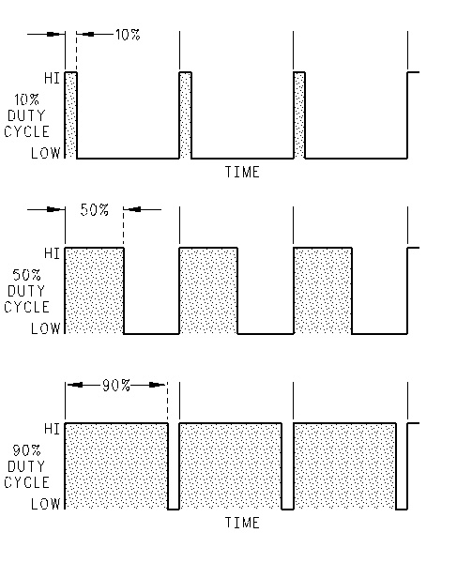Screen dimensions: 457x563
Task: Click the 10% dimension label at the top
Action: (x=128, y=35)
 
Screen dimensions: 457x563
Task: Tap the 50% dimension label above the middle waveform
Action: (x=95, y=210)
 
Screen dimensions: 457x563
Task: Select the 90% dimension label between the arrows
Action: (x=116, y=386)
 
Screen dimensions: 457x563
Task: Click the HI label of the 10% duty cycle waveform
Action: (x=52, y=78)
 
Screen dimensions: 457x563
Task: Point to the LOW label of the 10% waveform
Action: (x=46, y=153)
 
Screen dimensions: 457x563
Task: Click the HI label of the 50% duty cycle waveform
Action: (x=52, y=253)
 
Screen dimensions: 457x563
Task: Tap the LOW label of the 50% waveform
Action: (x=46, y=328)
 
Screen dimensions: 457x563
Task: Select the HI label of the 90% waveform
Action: (x=52, y=429)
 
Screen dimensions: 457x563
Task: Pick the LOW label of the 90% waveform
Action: (x=46, y=504)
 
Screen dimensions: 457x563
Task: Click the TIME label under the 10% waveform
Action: (x=242, y=172)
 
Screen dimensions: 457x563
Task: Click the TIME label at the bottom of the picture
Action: (x=242, y=523)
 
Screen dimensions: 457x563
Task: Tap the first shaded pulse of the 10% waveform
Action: (x=70, y=115)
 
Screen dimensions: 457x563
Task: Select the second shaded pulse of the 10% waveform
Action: (x=185, y=115)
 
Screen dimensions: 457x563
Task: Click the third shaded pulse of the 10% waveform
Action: (x=299, y=115)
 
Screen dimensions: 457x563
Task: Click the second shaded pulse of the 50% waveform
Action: (x=208, y=291)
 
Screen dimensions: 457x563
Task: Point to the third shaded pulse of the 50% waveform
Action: (x=323, y=291)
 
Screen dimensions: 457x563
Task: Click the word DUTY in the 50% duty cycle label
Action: (x=26, y=291)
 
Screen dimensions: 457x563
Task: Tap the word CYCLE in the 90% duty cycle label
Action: (x=26, y=482)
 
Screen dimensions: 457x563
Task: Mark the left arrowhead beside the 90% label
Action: (x=75, y=385)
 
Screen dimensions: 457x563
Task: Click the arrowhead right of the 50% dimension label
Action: (x=132, y=209)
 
